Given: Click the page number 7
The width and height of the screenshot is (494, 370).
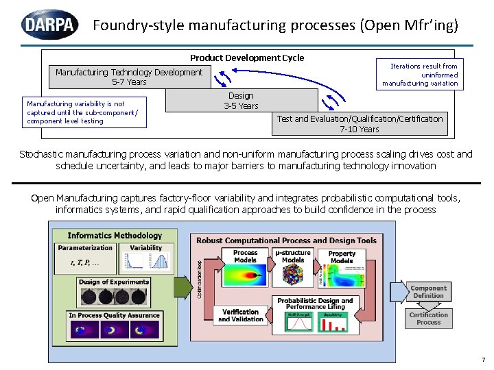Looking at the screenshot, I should pos(483,359).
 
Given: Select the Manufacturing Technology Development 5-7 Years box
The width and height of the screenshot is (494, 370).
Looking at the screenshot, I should pos(129,77).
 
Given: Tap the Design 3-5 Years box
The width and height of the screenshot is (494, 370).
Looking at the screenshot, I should pos(241,101).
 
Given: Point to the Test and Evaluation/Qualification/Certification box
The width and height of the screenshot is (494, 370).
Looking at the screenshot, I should pos(360,123).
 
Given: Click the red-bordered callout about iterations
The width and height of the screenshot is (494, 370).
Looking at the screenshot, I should pos(419,75).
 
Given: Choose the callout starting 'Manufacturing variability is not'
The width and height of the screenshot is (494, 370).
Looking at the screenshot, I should pos(84,112).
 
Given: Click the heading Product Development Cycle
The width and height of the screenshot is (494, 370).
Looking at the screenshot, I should pos(247,58).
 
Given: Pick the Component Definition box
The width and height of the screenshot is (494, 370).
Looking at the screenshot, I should pos(428,292).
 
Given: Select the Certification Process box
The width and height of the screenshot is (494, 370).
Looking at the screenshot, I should pos(428,319).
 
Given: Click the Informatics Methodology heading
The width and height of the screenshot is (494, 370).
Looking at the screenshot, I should pos(115,236).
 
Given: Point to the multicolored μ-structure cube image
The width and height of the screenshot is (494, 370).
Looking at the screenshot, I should pos(294,277).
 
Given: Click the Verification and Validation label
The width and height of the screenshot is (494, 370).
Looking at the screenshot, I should pos(240,315).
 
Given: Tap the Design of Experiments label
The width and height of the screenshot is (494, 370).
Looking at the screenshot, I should pos(114,282).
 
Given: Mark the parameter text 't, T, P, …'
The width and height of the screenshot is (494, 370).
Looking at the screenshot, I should pos(84,262).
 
